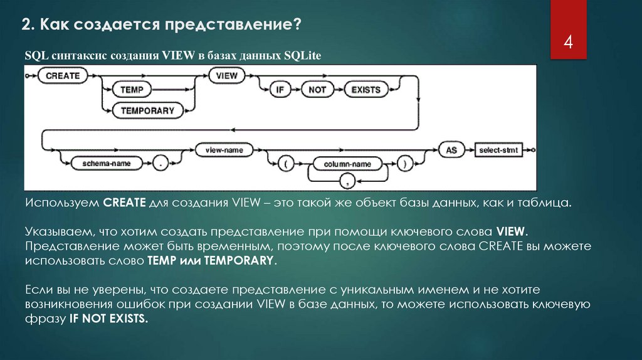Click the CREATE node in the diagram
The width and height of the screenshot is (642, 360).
point(63,75)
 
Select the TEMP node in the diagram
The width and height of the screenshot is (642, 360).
point(132,90)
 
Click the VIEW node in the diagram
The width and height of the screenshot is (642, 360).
point(227,75)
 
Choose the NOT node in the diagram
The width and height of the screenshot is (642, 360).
point(317,90)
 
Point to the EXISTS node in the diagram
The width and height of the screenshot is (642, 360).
point(366,90)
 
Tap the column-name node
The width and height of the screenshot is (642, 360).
point(347,164)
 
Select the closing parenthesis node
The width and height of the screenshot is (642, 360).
point(406,164)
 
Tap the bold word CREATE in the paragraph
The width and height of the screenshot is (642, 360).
point(124,203)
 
